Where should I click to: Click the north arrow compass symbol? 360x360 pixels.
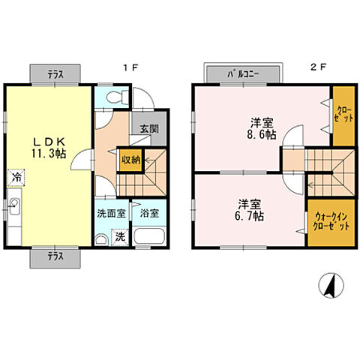[x=331, y=285]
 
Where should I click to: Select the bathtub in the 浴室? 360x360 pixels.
[x=149, y=236]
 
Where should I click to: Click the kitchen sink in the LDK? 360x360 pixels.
[x=14, y=206]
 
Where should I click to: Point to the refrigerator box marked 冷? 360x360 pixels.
[x=16, y=178]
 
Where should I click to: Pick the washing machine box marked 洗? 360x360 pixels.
[x=120, y=237]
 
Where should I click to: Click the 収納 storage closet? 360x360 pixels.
[x=130, y=160]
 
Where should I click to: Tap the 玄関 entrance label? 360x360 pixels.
[x=149, y=129]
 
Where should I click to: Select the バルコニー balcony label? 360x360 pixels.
[x=243, y=74]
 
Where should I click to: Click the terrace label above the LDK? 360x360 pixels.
[x=55, y=74]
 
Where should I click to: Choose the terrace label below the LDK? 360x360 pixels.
[x=55, y=256]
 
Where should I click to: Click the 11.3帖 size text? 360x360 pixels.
[x=49, y=153]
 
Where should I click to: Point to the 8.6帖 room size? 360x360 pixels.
[x=262, y=135]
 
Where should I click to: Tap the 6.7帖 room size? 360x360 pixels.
[x=249, y=216]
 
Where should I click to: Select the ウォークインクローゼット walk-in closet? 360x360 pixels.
[x=331, y=223]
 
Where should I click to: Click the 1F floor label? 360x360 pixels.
[x=130, y=67]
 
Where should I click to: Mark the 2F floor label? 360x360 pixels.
[x=319, y=67]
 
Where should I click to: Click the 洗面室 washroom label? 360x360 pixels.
[x=111, y=214]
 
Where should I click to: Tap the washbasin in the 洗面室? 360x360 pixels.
[x=101, y=239]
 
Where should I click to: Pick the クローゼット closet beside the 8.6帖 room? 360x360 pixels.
[x=343, y=116]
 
